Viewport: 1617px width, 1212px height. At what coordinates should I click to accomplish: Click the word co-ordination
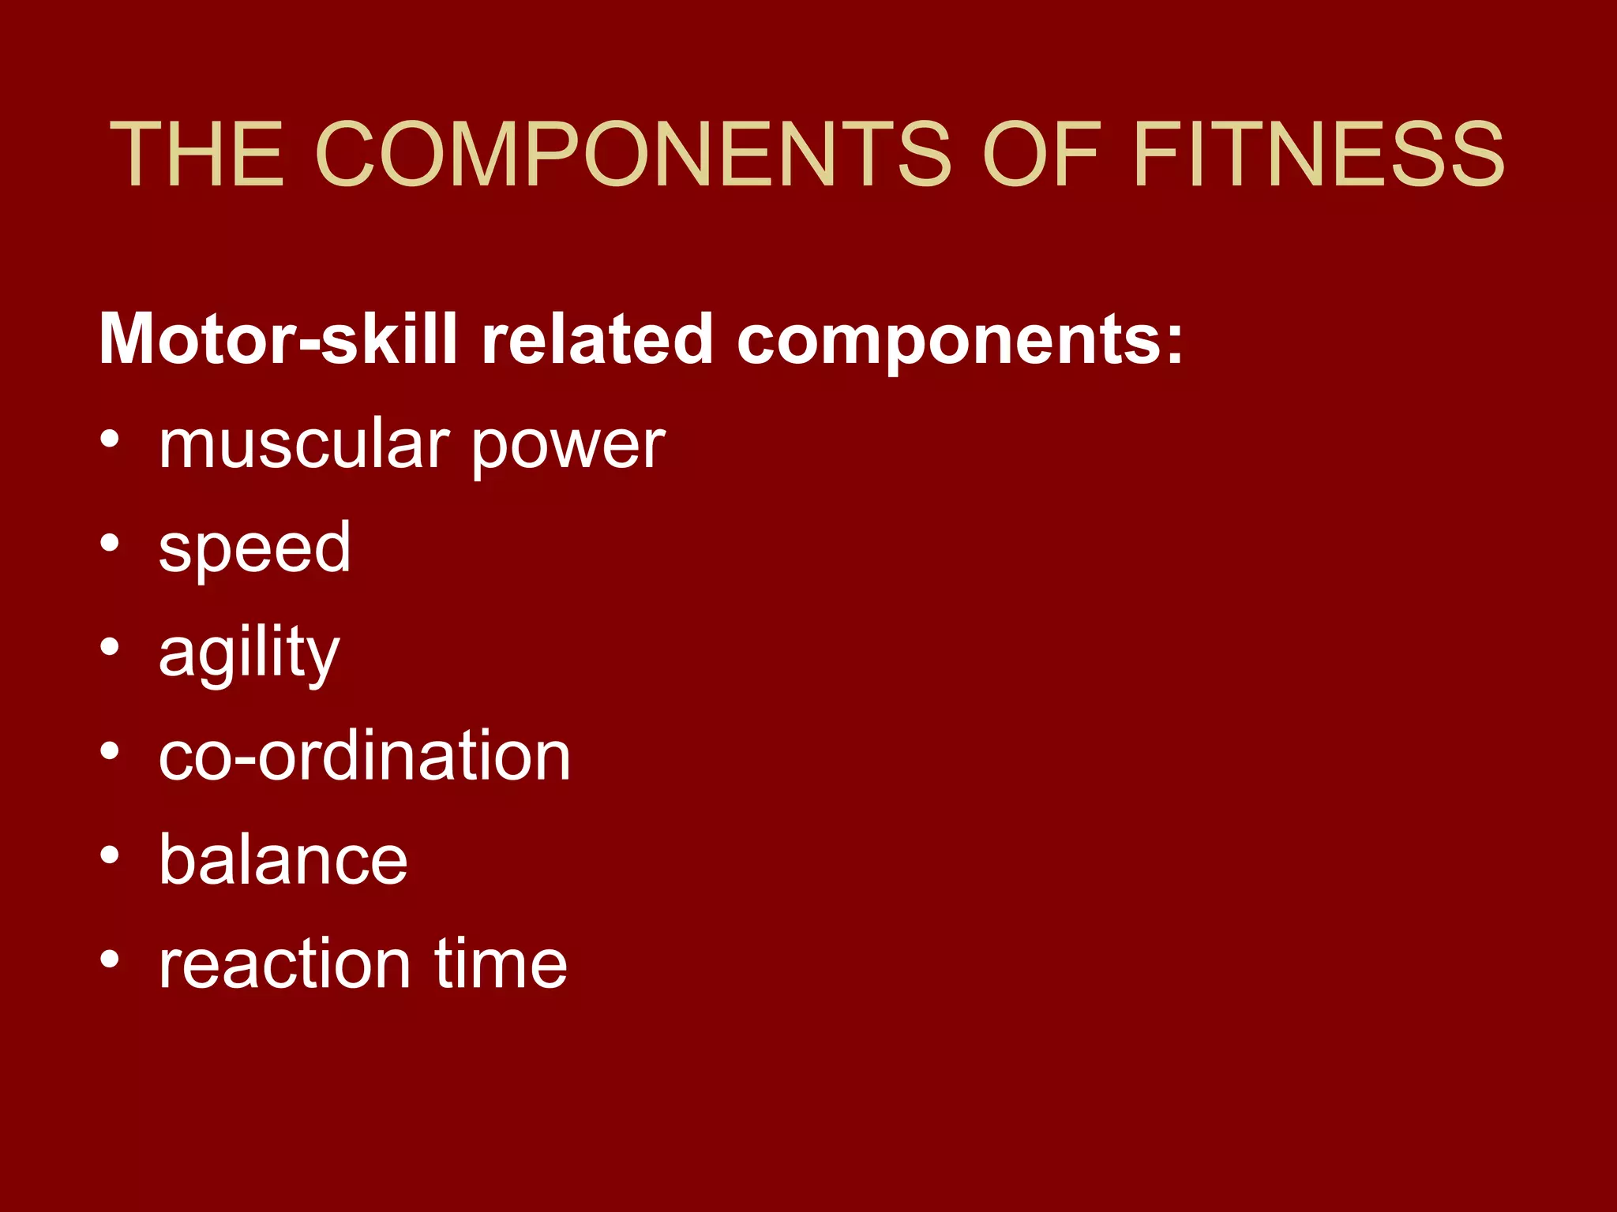[x=364, y=756]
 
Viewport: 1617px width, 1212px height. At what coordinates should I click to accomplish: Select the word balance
[x=283, y=859]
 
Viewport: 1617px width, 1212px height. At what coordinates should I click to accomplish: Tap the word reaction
[x=285, y=963]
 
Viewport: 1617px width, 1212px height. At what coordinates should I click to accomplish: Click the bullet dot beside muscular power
[x=111, y=440]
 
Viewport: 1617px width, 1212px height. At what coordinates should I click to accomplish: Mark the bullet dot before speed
[x=111, y=544]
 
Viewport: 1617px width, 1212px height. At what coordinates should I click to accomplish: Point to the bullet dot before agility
[x=111, y=648]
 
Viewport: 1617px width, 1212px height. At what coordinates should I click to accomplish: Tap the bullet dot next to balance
[x=111, y=855]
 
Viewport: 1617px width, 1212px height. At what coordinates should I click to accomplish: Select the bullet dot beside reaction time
[x=111, y=959]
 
